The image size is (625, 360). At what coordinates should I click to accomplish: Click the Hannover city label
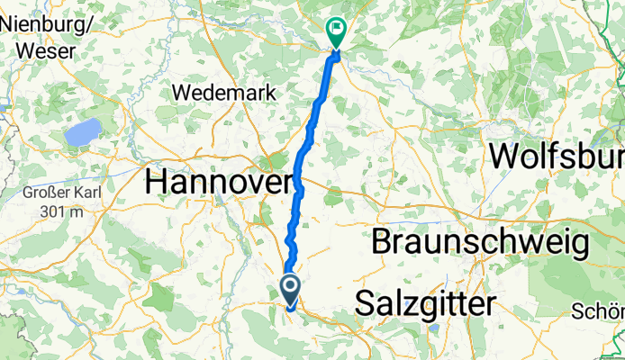click(x=218, y=182)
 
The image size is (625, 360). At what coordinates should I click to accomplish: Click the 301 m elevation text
click(x=54, y=211)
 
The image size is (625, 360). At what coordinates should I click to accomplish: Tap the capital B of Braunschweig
click(x=381, y=242)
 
